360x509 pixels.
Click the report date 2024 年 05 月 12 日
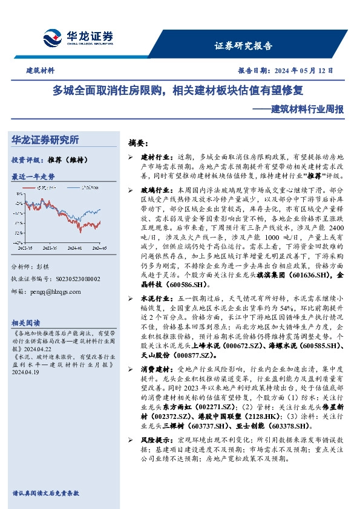coord(303,71)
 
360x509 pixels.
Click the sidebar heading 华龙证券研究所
coord(45,140)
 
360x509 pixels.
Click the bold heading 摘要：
coord(138,143)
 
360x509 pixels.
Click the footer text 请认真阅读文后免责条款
coord(45,493)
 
